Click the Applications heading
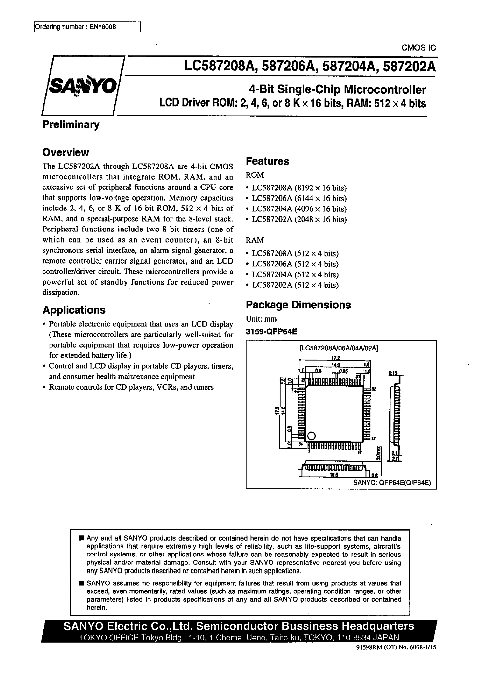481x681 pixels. point(74,310)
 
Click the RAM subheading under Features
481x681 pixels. point(255,240)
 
